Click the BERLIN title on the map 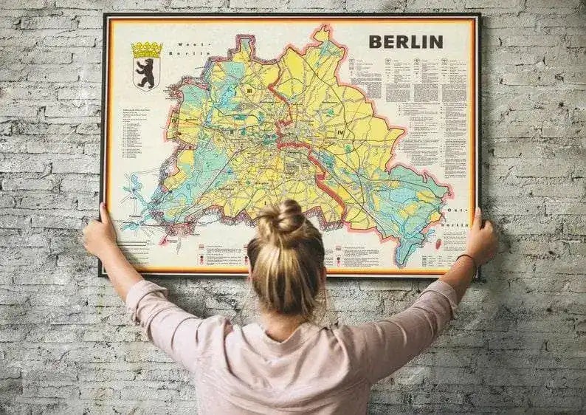[405, 41]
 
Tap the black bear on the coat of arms [146, 73]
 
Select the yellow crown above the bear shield [146, 49]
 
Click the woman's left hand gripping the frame [100, 233]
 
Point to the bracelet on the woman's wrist [466, 258]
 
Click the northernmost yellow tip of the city [322, 32]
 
